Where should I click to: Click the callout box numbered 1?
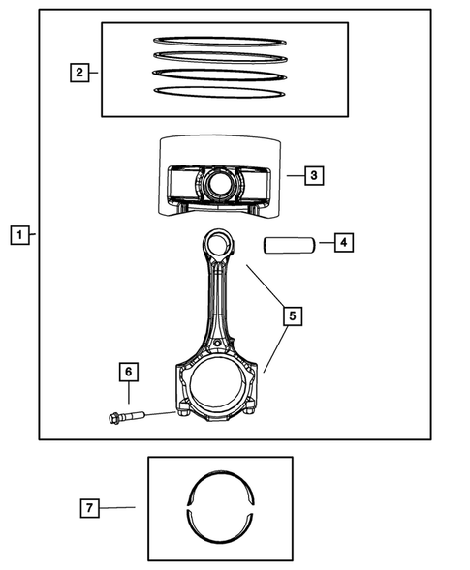pyautogui.click(x=18, y=234)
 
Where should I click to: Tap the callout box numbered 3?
pyautogui.click(x=312, y=176)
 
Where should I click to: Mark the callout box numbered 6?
pyautogui.click(x=127, y=370)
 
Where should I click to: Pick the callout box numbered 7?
pyautogui.click(x=89, y=506)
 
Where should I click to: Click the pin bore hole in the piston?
pyautogui.click(x=216, y=182)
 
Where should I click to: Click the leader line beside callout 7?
pyautogui.click(x=118, y=506)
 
